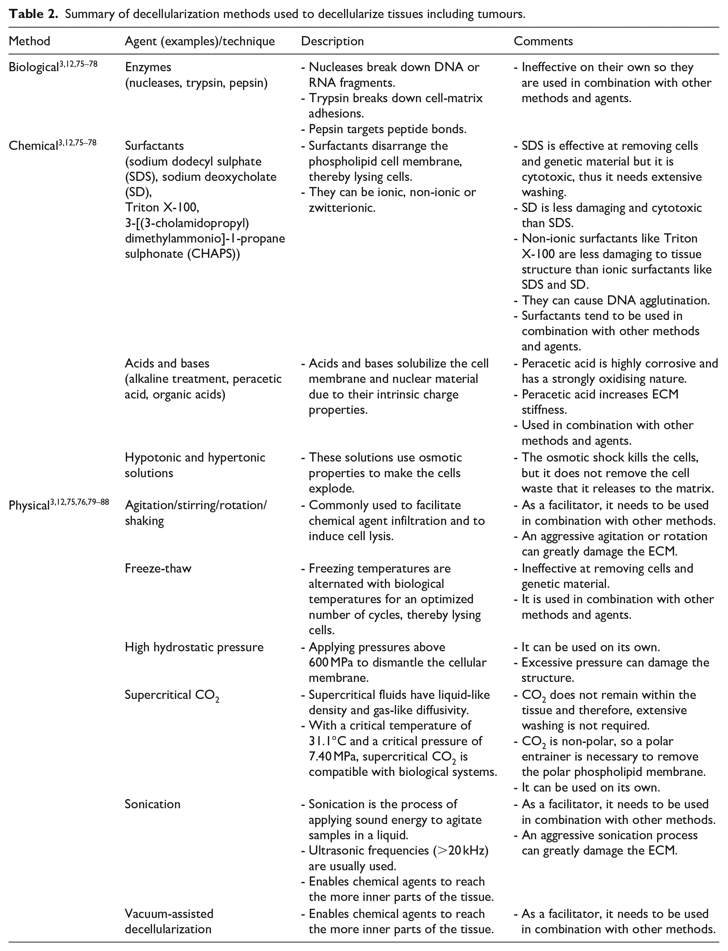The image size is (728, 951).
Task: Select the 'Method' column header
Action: (29, 41)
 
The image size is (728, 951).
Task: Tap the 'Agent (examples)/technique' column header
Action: (200, 41)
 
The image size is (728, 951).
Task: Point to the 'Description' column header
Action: (332, 41)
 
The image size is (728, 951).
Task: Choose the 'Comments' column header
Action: (543, 41)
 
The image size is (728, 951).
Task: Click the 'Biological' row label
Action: (34, 67)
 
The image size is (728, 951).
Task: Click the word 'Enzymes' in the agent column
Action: (148, 67)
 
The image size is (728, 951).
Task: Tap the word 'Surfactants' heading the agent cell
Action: (154, 146)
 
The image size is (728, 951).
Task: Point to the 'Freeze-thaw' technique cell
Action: (158, 568)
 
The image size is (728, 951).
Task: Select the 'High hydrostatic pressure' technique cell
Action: (194, 647)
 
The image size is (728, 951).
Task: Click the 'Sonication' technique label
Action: (153, 804)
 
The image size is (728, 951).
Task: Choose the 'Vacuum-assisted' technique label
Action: (169, 914)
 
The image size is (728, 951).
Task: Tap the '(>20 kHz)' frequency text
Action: (461, 851)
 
